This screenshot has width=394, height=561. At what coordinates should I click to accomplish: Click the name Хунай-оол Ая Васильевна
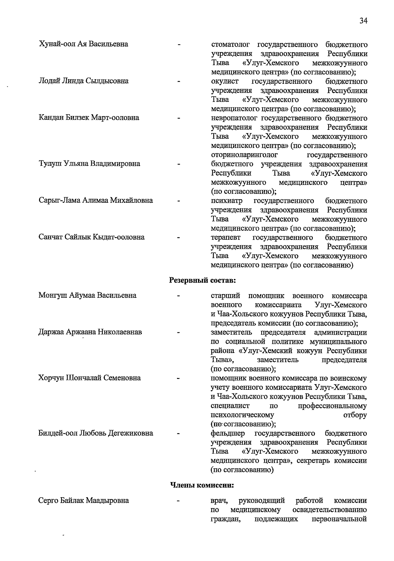pyautogui.click(x=83, y=44)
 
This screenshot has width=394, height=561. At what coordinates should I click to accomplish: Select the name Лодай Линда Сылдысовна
pyautogui.click(x=83, y=81)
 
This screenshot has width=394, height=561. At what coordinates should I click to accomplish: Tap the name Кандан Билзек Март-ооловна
pyautogui.click(x=89, y=118)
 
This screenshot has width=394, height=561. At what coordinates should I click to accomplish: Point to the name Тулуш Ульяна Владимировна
pyautogui.click(x=89, y=164)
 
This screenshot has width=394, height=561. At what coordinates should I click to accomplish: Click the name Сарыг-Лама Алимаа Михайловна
pyautogui.click(x=96, y=200)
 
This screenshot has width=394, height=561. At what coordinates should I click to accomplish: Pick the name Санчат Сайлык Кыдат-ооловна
pyautogui.click(x=92, y=237)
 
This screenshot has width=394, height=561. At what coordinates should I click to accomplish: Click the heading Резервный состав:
pyautogui.click(x=203, y=281)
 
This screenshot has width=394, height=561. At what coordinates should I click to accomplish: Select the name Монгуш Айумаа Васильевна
pyautogui.click(x=87, y=295)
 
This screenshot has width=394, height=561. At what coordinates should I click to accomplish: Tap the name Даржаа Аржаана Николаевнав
pyautogui.click(x=90, y=332)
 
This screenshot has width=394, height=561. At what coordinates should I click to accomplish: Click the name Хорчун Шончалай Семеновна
pyautogui.click(x=90, y=378)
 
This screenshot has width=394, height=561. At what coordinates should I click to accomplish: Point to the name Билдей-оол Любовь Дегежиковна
pyautogui.click(x=96, y=433)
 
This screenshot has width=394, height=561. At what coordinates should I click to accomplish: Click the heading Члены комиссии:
pyautogui.click(x=202, y=485)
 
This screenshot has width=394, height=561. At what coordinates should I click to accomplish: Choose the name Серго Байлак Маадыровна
pyautogui.click(x=84, y=501)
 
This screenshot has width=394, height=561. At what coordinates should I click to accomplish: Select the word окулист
pyautogui.click(x=225, y=81)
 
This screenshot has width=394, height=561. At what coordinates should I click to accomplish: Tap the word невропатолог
pyautogui.click(x=234, y=118)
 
